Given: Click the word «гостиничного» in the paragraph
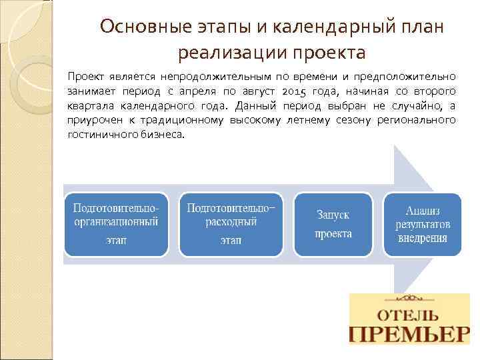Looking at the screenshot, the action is (x=97, y=134).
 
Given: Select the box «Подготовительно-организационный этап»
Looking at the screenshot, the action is (x=116, y=224).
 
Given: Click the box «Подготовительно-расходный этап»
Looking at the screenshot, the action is (x=231, y=224).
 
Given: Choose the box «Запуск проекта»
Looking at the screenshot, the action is (x=333, y=224).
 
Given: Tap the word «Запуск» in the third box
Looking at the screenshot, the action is (x=333, y=215).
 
